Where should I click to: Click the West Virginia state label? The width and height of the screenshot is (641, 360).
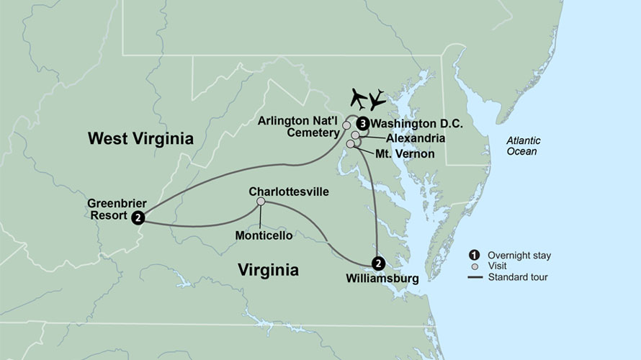(x=140, y=138)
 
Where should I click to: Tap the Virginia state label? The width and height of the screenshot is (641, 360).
(x=268, y=270)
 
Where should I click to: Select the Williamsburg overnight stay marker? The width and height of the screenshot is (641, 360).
(x=377, y=263)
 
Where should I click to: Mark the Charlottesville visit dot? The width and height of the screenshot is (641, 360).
(x=261, y=202)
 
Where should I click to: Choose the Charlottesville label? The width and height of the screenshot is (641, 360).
(x=288, y=192)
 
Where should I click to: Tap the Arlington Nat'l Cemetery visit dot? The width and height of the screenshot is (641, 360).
(x=346, y=125)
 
